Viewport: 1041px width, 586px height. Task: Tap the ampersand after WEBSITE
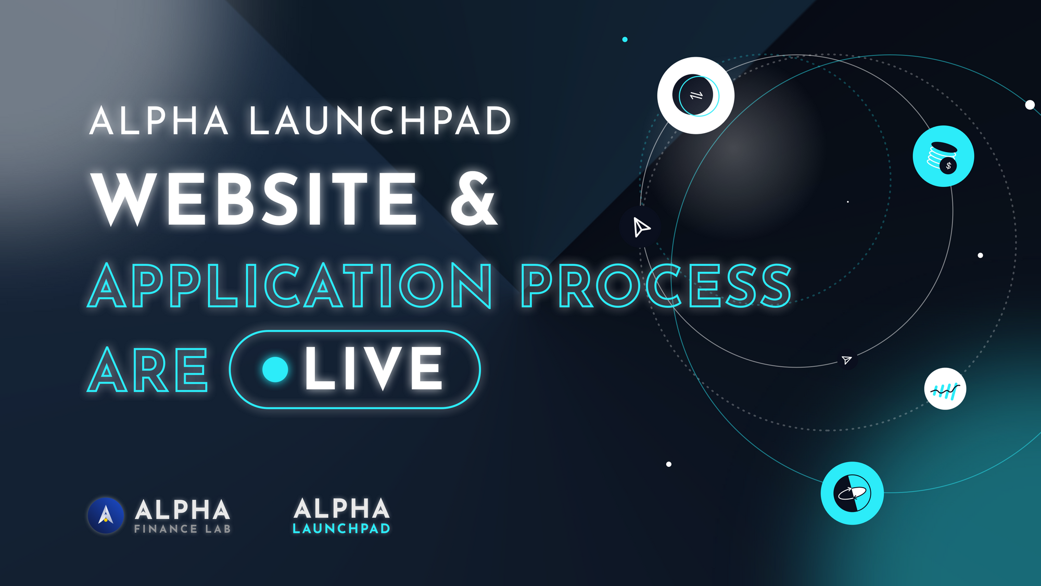point(474,199)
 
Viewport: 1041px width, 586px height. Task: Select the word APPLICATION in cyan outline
point(289,285)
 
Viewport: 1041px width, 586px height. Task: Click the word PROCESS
point(656,285)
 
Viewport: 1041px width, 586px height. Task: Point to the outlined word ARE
point(148,370)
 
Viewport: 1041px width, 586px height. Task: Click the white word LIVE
point(374,368)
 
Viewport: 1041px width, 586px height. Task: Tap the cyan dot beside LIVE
point(275,369)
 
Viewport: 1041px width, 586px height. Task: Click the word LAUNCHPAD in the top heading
point(380,121)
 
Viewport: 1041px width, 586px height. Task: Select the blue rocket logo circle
point(106,515)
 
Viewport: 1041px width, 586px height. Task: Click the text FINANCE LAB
point(182,529)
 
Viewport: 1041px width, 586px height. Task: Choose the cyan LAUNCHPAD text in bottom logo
point(341,529)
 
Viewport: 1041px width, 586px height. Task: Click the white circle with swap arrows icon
point(696,96)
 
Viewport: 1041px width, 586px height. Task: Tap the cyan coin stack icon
point(943,156)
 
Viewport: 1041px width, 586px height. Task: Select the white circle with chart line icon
point(945,389)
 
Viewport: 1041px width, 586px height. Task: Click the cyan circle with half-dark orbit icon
point(852,493)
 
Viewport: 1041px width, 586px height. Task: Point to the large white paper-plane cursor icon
point(641,227)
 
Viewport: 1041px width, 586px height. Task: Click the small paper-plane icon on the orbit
point(847,360)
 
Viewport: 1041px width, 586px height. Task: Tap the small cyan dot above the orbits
point(625,40)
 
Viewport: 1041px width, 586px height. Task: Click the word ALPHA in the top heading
point(159,121)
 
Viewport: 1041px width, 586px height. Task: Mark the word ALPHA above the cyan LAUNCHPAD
point(341,508)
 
